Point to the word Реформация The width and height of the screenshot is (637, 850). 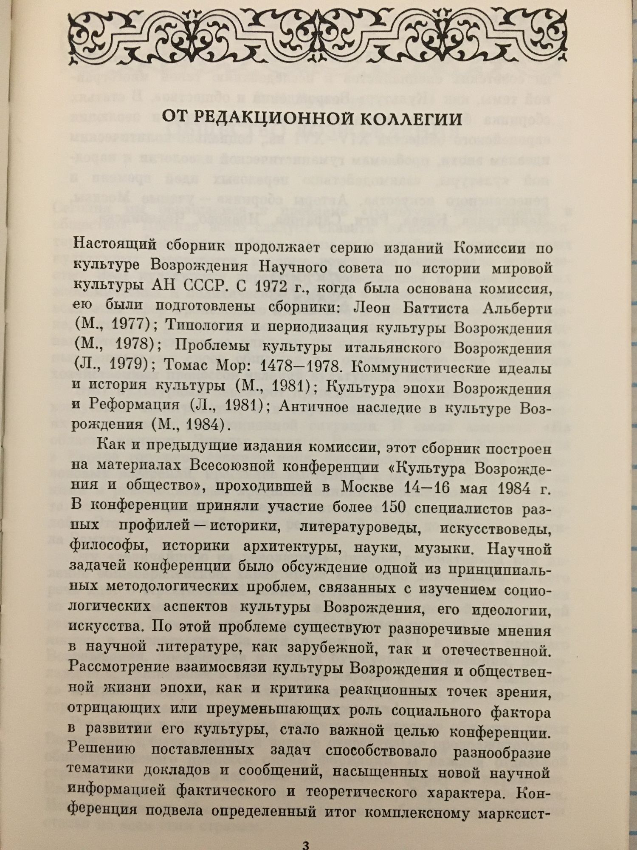[134, 405]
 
